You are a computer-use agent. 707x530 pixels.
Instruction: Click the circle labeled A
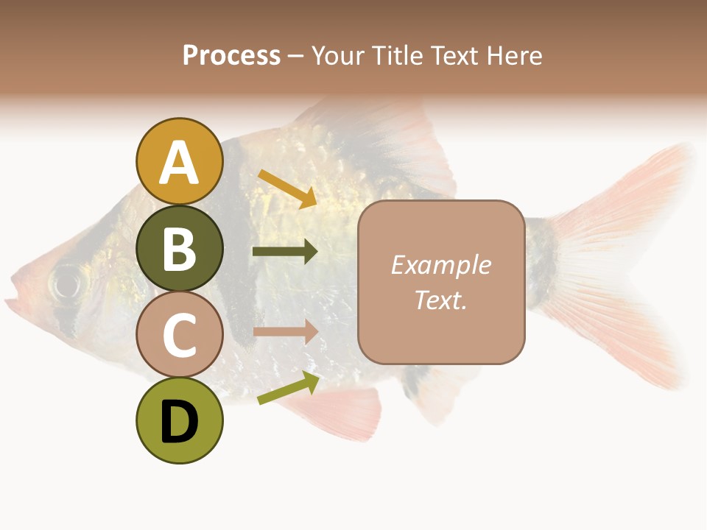click(179, 161)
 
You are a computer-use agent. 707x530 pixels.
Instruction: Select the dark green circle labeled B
click(179, 248)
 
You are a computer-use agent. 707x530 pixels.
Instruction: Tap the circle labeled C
click(179, 334)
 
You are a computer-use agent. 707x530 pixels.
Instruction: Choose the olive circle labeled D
click(179, 420)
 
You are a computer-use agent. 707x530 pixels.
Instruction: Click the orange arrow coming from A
click(287, 187)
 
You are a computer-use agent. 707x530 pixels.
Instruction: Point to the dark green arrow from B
click(285, 252)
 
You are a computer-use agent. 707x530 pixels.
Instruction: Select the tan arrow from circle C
click(285, 332)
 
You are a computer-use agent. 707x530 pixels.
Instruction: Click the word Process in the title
click(231, 55)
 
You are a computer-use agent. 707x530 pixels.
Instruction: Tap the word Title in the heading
click(397, 55)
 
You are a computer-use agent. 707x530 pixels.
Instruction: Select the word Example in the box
click(440, 265)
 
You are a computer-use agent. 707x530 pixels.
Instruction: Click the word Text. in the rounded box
click(440, 300)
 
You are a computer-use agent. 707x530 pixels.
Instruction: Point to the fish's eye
click(67, 282)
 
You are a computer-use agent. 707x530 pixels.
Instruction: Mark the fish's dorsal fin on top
click(398, 140)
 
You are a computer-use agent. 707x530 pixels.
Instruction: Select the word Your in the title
click(340, 55)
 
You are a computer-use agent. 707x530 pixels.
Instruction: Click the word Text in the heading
click(456, 55)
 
